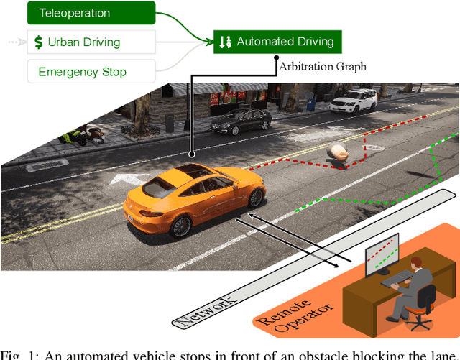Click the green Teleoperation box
[x=91, y=14]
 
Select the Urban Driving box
[x=91, y=42]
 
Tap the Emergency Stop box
[x=91, y=71]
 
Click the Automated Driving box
[x=278, y=42]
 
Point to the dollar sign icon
[x=38, y=42]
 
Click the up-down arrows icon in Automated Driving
[x=224, y=42]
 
